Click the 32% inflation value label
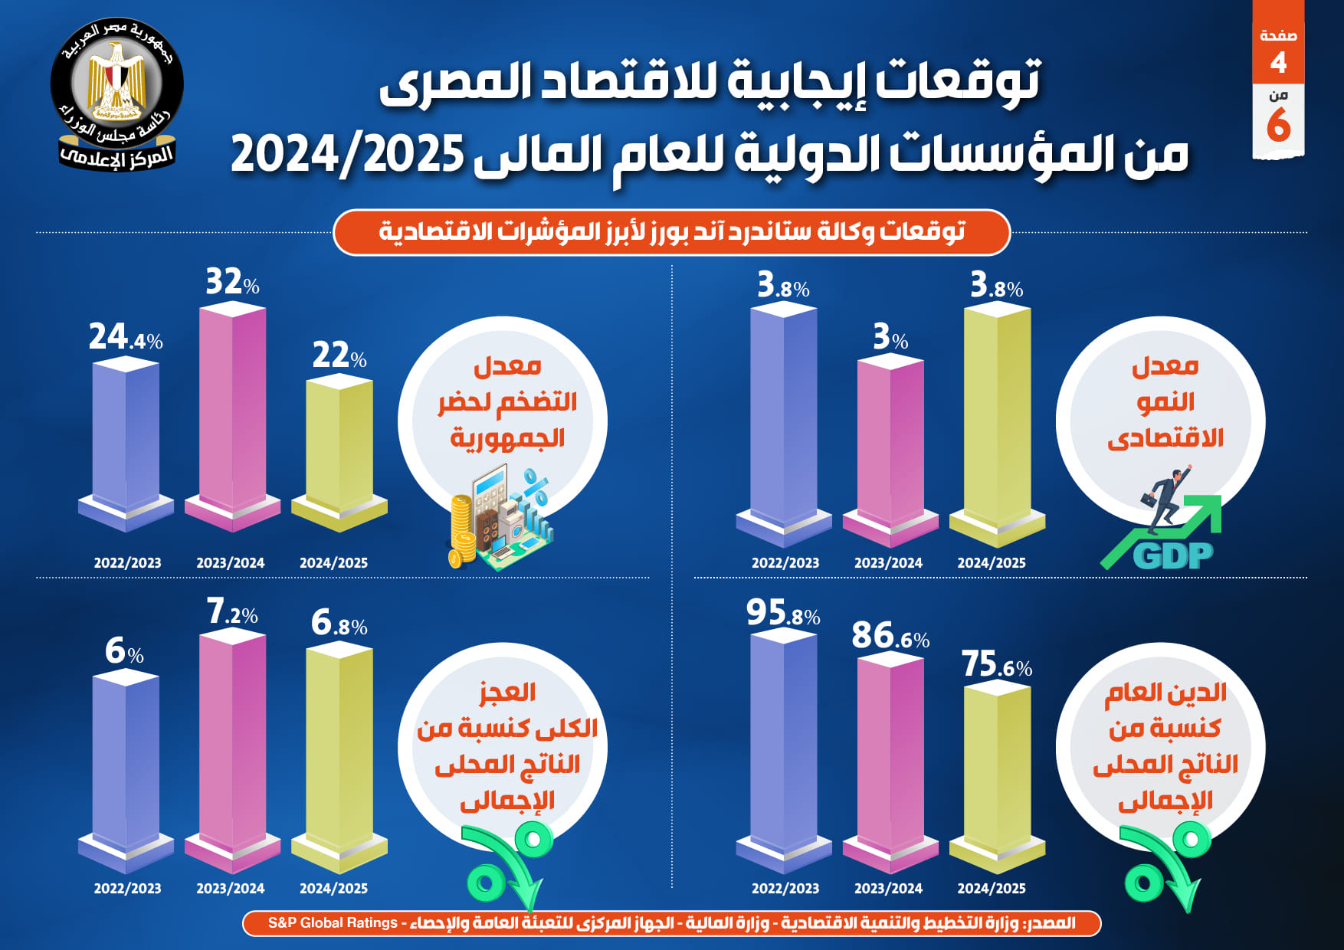tap(232, 282)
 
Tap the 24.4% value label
tap(126, 337)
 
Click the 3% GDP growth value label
tap(890, 337)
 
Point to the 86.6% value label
tap(890, 636)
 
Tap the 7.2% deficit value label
tap(232, 612)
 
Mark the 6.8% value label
tap(339, 624)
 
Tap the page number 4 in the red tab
tap(1278, 62)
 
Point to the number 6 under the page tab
tap(1278, 125)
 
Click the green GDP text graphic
tap(1172, 555)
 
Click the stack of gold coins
tap(462, 529)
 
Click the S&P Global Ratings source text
tap(333, 923)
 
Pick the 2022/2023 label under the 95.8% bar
tap(785, 889)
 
